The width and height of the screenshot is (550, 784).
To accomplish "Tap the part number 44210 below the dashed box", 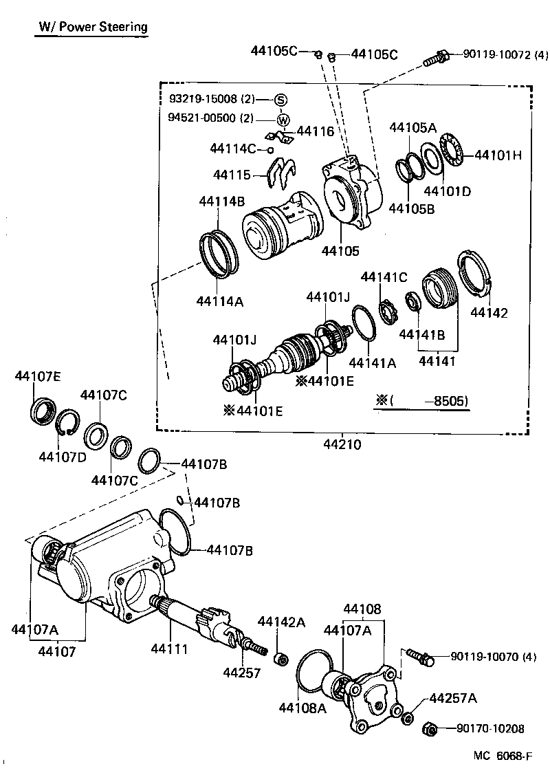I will point(342,445).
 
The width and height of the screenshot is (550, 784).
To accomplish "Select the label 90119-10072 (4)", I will point(505,54).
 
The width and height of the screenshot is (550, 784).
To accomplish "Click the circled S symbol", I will point(281,100).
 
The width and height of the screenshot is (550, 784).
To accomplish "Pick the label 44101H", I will point(498,155).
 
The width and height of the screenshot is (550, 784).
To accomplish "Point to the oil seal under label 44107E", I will point(42,411).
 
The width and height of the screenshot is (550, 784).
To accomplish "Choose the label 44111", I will point(169,649).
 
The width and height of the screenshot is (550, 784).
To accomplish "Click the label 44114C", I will point(233,149).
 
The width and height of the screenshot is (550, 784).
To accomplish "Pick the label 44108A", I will point(302,707).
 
